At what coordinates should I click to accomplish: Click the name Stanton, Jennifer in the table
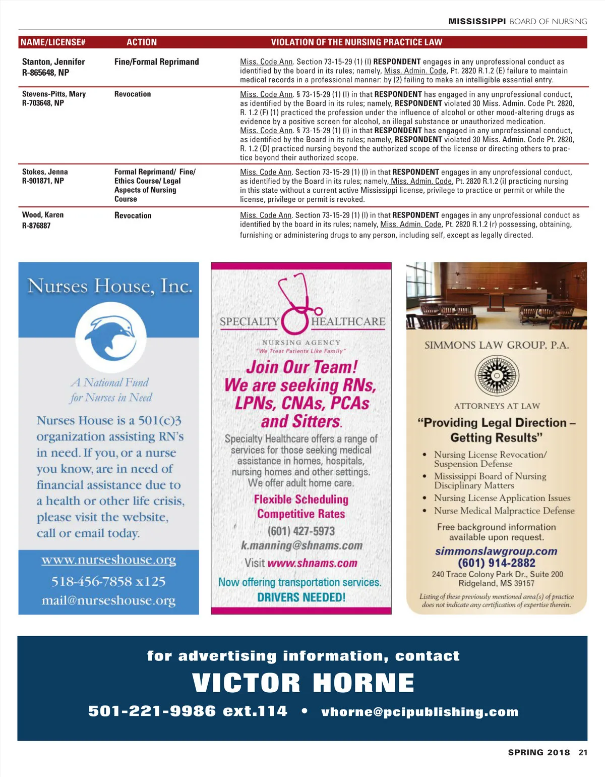(53, 62)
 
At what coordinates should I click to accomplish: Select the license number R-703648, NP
(43, 103)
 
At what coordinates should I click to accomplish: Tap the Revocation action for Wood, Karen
(133, 215)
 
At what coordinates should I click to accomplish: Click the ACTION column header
(142, 42)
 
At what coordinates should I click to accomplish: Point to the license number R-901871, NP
(43, 181)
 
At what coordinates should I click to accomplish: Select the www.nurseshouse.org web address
(109, 560)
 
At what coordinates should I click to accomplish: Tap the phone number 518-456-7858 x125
(108, 581)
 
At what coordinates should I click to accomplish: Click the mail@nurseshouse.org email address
(109, 600)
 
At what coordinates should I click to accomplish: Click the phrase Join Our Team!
(301, 367)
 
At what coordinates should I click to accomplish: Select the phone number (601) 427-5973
(301, 531)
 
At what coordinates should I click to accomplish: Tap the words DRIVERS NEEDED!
(301, 597)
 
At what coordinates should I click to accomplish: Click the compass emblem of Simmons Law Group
(497, 375)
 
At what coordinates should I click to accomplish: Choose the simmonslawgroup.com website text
(496, 551)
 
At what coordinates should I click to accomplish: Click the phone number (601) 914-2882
(496, 563)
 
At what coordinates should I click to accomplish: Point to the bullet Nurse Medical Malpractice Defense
(504, 511)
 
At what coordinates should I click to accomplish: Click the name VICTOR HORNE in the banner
(303, 683)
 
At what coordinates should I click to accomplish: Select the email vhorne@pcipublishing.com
(419, 712)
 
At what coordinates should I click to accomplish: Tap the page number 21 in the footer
(583, 752)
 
